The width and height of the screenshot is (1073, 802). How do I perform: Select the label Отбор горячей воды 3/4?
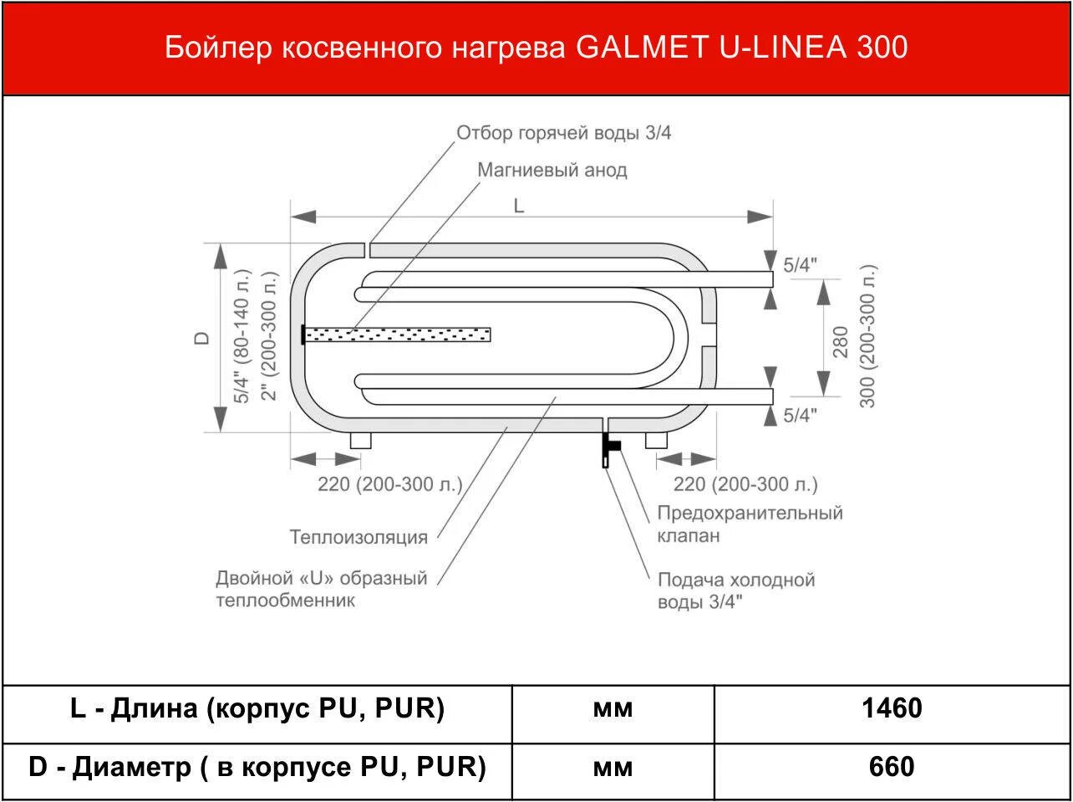point(563,133)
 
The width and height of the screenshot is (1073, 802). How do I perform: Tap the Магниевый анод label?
point(552,171)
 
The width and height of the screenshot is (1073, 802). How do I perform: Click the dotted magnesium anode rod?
point(397,335)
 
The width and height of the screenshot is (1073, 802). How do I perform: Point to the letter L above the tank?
point(519,206)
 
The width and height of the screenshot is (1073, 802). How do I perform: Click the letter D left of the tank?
point(201,339)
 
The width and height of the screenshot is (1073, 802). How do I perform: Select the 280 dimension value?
point(841,341)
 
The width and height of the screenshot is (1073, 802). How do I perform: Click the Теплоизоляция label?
point(359,537)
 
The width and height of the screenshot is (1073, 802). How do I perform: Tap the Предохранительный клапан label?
point(749,524)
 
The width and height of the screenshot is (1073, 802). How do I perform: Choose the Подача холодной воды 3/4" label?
point(735,590)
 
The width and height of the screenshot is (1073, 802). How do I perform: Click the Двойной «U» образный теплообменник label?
point(322,589)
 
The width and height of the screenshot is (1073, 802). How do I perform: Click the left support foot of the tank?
point(360,440)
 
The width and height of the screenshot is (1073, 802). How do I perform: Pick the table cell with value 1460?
point(892,709)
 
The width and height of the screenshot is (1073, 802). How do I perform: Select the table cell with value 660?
point(892,767)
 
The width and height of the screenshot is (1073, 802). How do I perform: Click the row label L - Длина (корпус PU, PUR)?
point(257,709)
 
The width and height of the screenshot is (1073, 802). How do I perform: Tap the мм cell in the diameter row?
point(613,767)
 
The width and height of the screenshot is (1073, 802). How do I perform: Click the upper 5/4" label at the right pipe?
point(800,265)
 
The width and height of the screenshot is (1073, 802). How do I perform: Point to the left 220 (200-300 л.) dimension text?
point(389,484)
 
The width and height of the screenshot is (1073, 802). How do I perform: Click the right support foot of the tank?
point(655,440)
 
